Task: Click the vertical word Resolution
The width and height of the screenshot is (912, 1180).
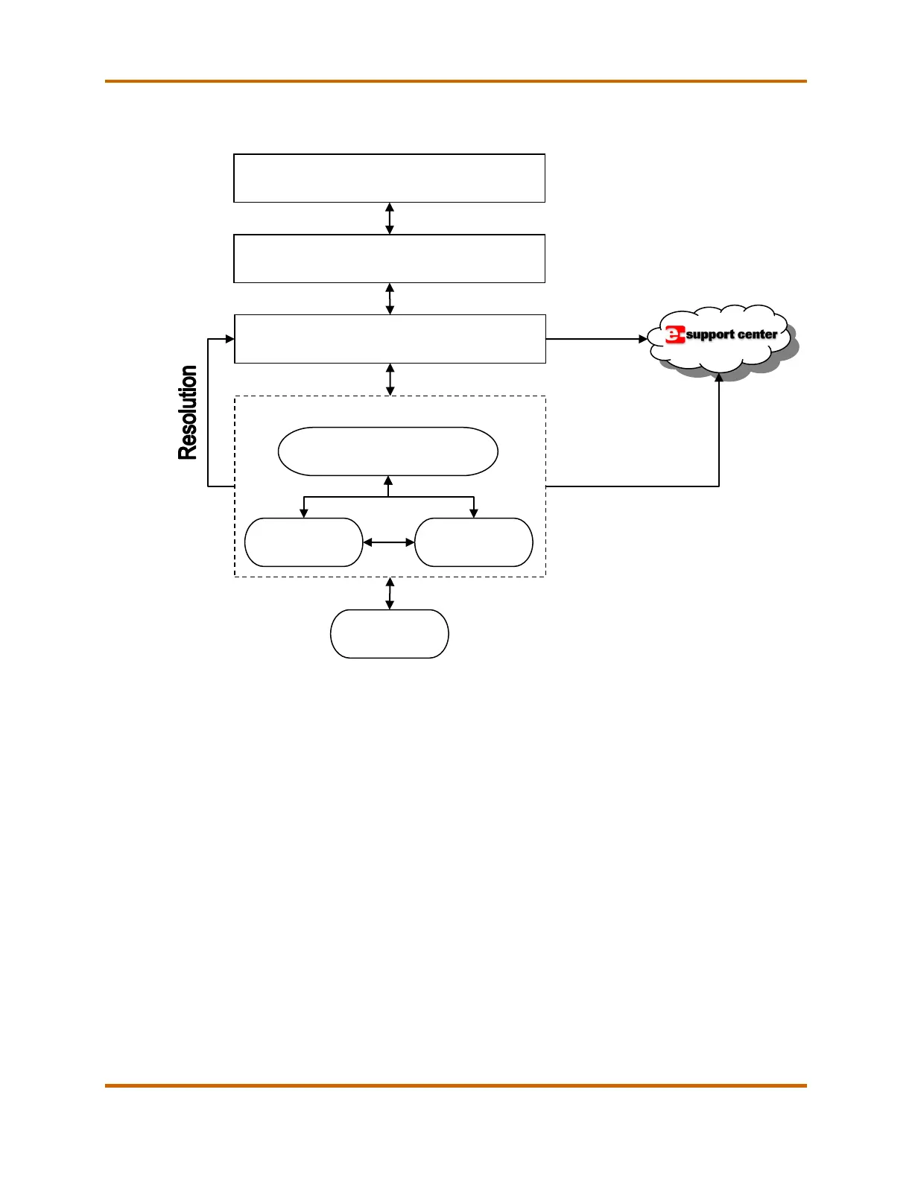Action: tap(188, 412)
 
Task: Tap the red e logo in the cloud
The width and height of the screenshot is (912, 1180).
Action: tap(674, 335)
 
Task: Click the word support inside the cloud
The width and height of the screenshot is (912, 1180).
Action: tap(710, 335)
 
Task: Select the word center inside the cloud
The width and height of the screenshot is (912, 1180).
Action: tap(758, 334)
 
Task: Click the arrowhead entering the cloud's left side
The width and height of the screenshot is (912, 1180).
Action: tap(643, 339)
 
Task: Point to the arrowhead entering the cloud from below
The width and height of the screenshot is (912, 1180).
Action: tap(719, 378)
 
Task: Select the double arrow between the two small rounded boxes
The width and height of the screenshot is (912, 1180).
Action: tap(388, 542)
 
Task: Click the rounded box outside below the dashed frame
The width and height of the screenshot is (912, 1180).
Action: tap(389, 634)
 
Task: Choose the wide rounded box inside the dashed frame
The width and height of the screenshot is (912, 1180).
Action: tap(387, 451)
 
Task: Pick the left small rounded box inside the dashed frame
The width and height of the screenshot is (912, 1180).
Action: tap(303, 542)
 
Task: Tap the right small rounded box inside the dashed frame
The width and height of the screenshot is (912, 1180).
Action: tap(473, 542)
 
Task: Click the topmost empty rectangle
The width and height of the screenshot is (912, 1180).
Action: tap(389, 178)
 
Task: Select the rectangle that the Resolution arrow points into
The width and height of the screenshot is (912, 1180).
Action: tap(390, 339)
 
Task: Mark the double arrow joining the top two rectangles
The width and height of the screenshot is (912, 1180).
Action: tap(389, 218)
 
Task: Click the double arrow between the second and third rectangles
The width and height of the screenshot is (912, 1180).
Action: tap(390, 299)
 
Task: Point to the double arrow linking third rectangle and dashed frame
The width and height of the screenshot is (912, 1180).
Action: tap(390, 379)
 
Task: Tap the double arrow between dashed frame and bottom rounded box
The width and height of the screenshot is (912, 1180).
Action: tap(389, 593)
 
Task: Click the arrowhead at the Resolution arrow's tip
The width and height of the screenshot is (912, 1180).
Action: tap(230, 339)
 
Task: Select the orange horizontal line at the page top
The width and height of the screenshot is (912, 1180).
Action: tap(455, 81)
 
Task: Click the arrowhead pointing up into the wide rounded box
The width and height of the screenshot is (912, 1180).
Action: tap(388, 480)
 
